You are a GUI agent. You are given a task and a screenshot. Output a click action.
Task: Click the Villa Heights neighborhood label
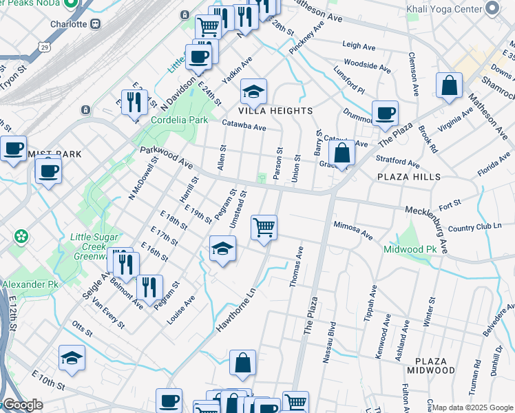[x=275, y=111]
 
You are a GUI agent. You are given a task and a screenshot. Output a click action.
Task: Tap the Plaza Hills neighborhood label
[x=406, y=177]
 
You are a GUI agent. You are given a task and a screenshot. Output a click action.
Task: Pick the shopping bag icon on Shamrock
[x=449, y=86]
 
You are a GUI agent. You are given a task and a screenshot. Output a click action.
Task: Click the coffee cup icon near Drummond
[x=385, y=112]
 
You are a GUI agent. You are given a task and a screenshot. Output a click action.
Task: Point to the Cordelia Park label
[x=180, y=120]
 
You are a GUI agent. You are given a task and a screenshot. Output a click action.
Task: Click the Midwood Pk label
[x=410, y=250]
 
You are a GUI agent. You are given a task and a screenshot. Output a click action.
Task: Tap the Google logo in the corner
[x=22, y=405]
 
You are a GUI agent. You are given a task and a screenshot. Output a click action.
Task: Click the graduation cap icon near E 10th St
[x=71, y=357]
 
